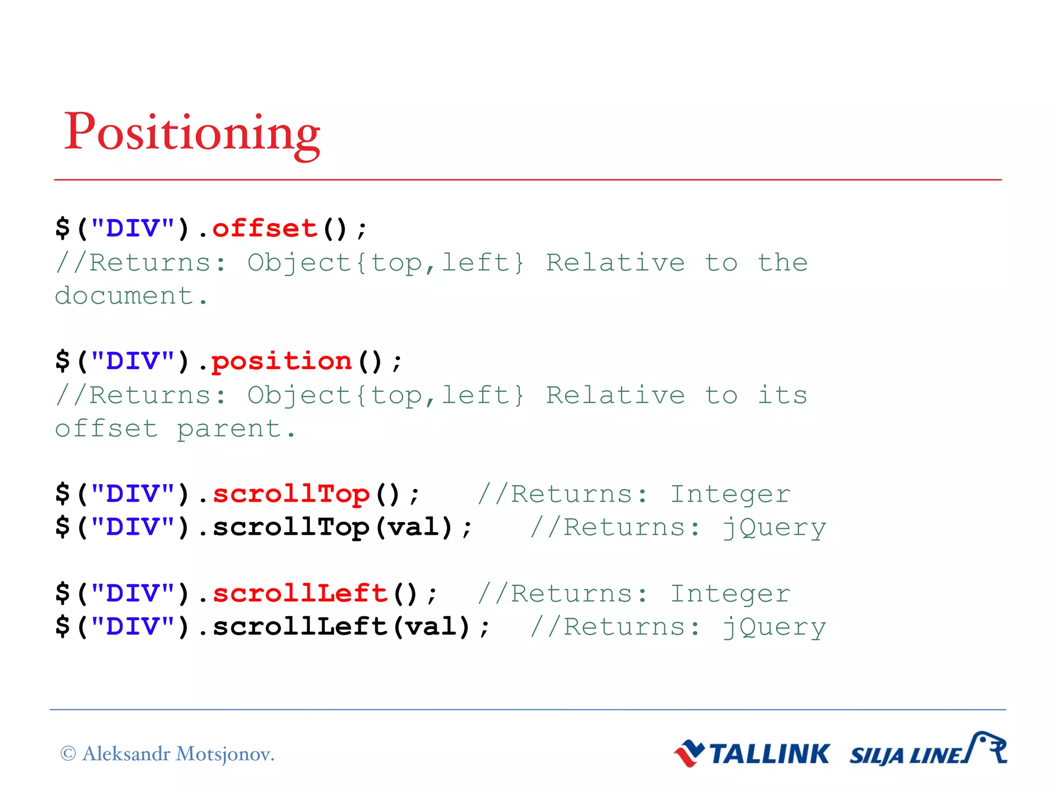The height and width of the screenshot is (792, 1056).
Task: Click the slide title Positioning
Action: click(x=192, y=133)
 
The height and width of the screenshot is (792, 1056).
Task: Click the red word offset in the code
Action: click(x=265, y=228)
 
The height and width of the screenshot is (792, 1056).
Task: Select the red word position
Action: click(x=282, y=361)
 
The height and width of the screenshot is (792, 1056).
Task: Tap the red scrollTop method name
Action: click(x=291, y=494)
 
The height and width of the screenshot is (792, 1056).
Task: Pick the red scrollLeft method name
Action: click(x=300, y=593)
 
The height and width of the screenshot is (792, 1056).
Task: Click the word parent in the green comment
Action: click(x=229, y=429)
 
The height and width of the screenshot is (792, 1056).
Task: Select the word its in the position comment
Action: click(x=782, y=395)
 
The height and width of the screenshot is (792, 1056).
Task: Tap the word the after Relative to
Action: click(x=782, y=262)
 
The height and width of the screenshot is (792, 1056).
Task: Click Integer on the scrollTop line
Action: click(x=730, y=494)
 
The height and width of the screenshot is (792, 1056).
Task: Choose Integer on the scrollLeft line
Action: click(x=730, y=593)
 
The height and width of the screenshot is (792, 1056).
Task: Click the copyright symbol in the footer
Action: click(x=68, y=754)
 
